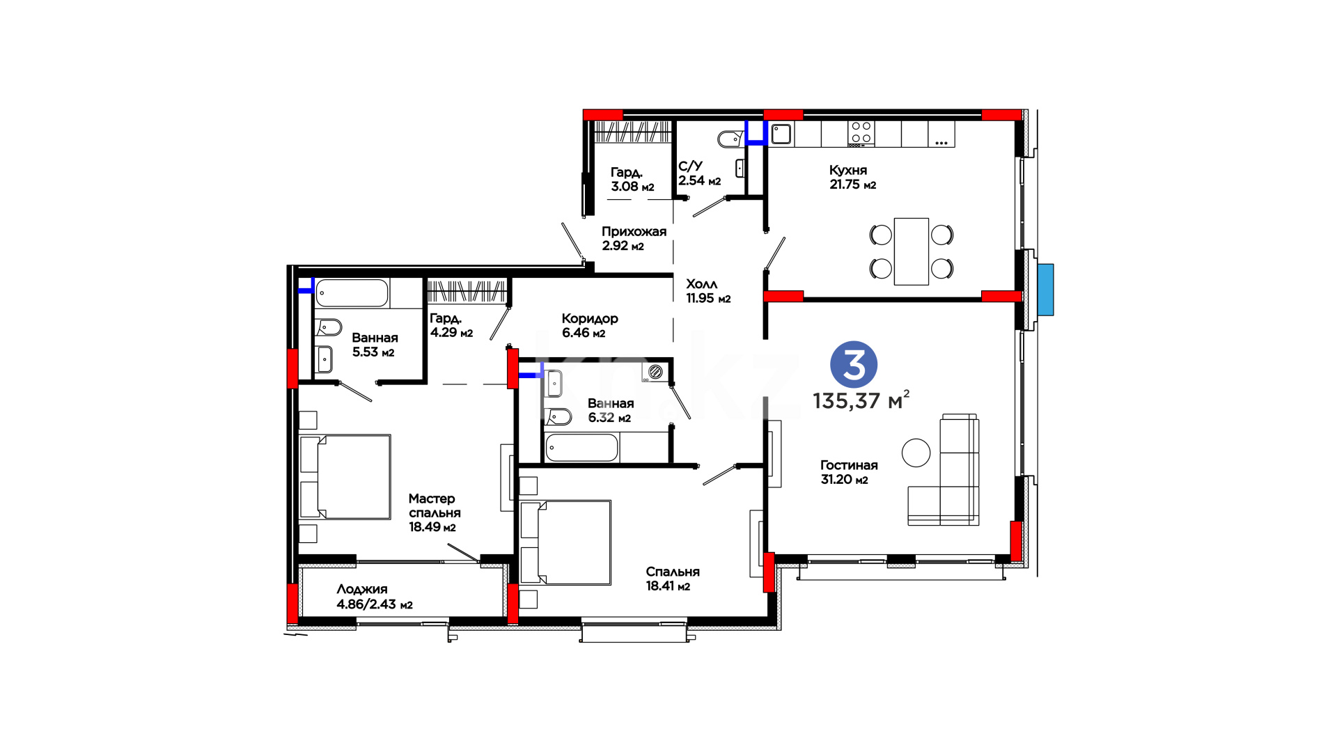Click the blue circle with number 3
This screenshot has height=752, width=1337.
pyautogui.click(x=854, y=365)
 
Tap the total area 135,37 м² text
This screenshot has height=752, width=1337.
pyautogui.click(x=861, y=400)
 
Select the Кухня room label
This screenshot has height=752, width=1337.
pyautogui.click(x=848, y=170)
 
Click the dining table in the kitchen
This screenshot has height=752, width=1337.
pyautogui.click(x=912, y=251)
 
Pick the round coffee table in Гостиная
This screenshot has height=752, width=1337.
pyautogui.click(x=916, y=453)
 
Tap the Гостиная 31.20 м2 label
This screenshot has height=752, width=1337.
pyautogui.click(x=849, y=472)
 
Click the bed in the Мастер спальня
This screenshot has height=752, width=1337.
pyautogui.click(x=345, y=477)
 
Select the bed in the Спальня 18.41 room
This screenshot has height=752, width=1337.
pyautogui.click(x=565, y=542)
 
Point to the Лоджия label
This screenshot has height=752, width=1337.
pyautogui.click(x=362, y=589)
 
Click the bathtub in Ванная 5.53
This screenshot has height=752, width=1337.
pyautogui.click(x=352, y=293)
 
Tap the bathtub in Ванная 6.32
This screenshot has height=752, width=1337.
pyautogui.click(x=581, y=448)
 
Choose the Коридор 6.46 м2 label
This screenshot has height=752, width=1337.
pyautogui.click(x=590, y=325)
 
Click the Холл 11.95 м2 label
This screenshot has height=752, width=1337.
pyautogui.click(x=708, y=291)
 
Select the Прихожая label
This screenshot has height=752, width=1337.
pyautogui.click(x=634, y=232)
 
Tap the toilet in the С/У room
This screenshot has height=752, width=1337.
pyautogui.click(x=730, y=139)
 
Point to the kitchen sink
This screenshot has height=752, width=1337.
pyautogui.click(x=781, y=134)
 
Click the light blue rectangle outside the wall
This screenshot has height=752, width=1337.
pyautogui.click(x=1045, y=290)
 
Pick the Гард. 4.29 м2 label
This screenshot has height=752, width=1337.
pyautogui.click(x=451, y=325)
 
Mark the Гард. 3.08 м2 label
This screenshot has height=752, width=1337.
pyautogui.click(x=632, y=179)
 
